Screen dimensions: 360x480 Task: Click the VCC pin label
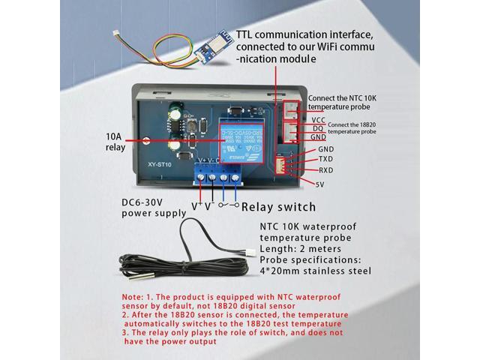[318, 118]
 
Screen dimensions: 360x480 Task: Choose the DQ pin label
[317, 127]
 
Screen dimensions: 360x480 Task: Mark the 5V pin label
[321, 184]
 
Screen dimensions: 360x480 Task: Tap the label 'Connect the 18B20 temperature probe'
[361, 127]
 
